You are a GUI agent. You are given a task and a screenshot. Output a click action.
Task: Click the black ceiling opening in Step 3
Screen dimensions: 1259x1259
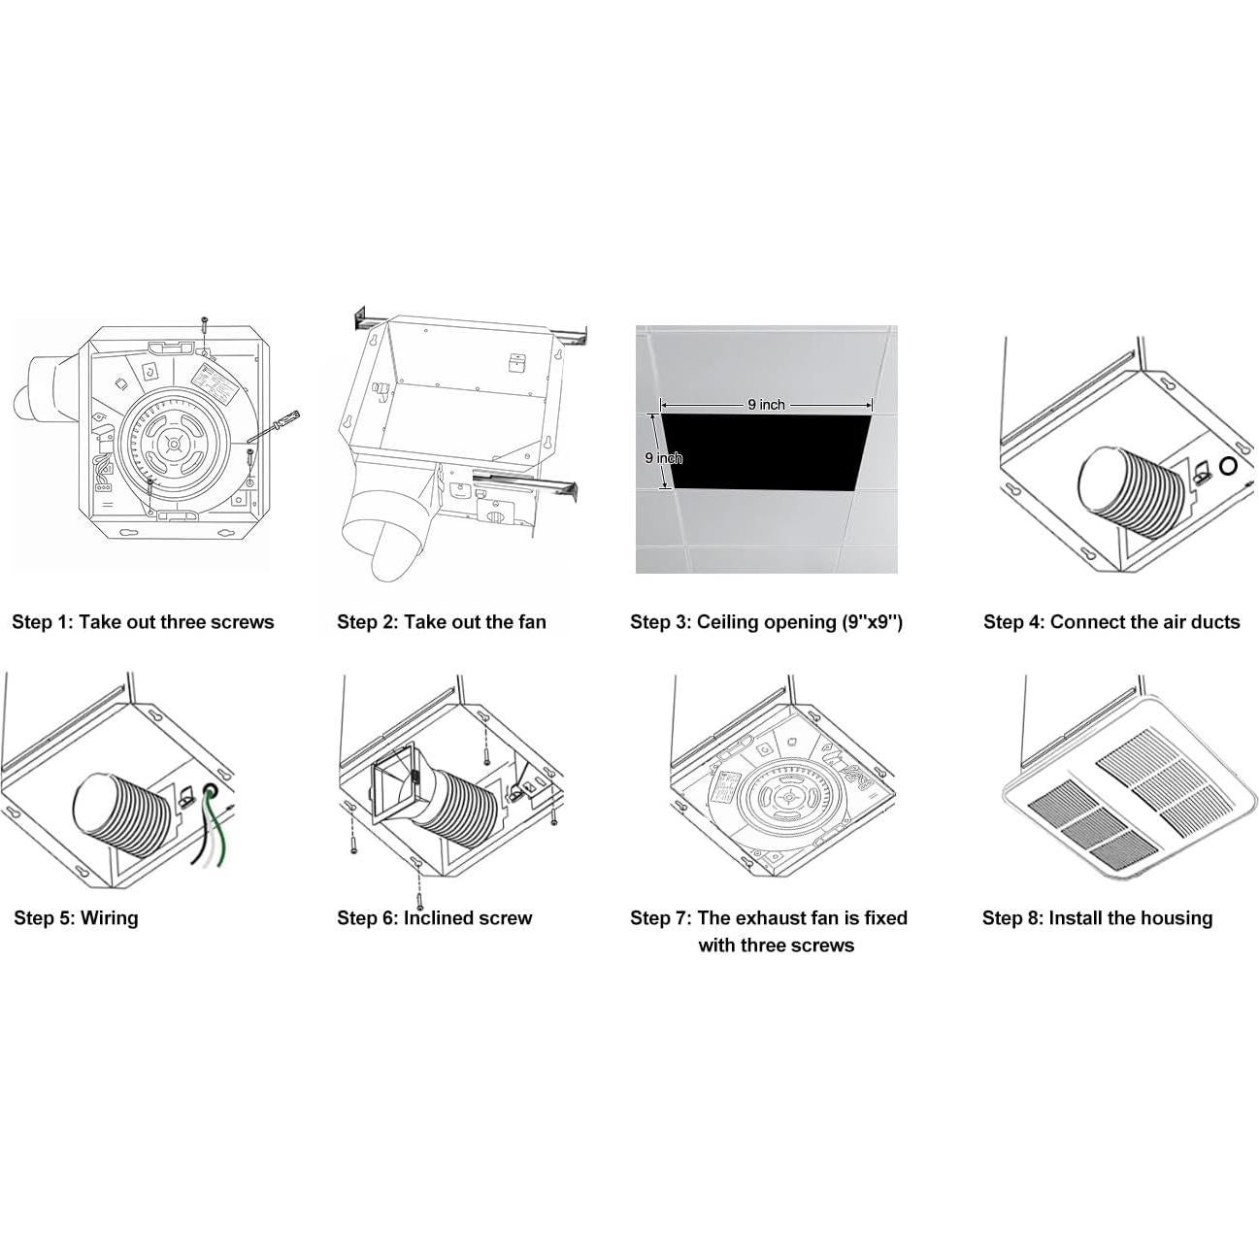pyautogui.click(x=767, y=450)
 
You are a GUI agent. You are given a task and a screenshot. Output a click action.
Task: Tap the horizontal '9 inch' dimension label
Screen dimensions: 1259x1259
pyautogui.click(x=766, y=404)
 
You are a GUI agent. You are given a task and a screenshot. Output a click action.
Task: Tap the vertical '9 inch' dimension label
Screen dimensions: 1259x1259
pyautogui.click(x=663, y=457)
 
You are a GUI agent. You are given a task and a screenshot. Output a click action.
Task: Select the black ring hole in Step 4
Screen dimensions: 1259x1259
pyautogui.click(x=1228, y=466)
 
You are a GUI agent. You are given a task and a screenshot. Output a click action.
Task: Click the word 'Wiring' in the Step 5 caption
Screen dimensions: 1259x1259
pyautogui.click(x=109, y=917)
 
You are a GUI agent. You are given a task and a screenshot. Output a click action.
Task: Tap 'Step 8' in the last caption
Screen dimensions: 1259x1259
pyautogui.click(x=1011, y=917)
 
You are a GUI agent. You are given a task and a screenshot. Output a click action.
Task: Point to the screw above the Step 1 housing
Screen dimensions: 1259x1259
pyautogui.click(x=204, y=324)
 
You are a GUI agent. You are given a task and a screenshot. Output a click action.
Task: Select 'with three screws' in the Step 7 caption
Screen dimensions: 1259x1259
pyautogui.click(x=776, y=944)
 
